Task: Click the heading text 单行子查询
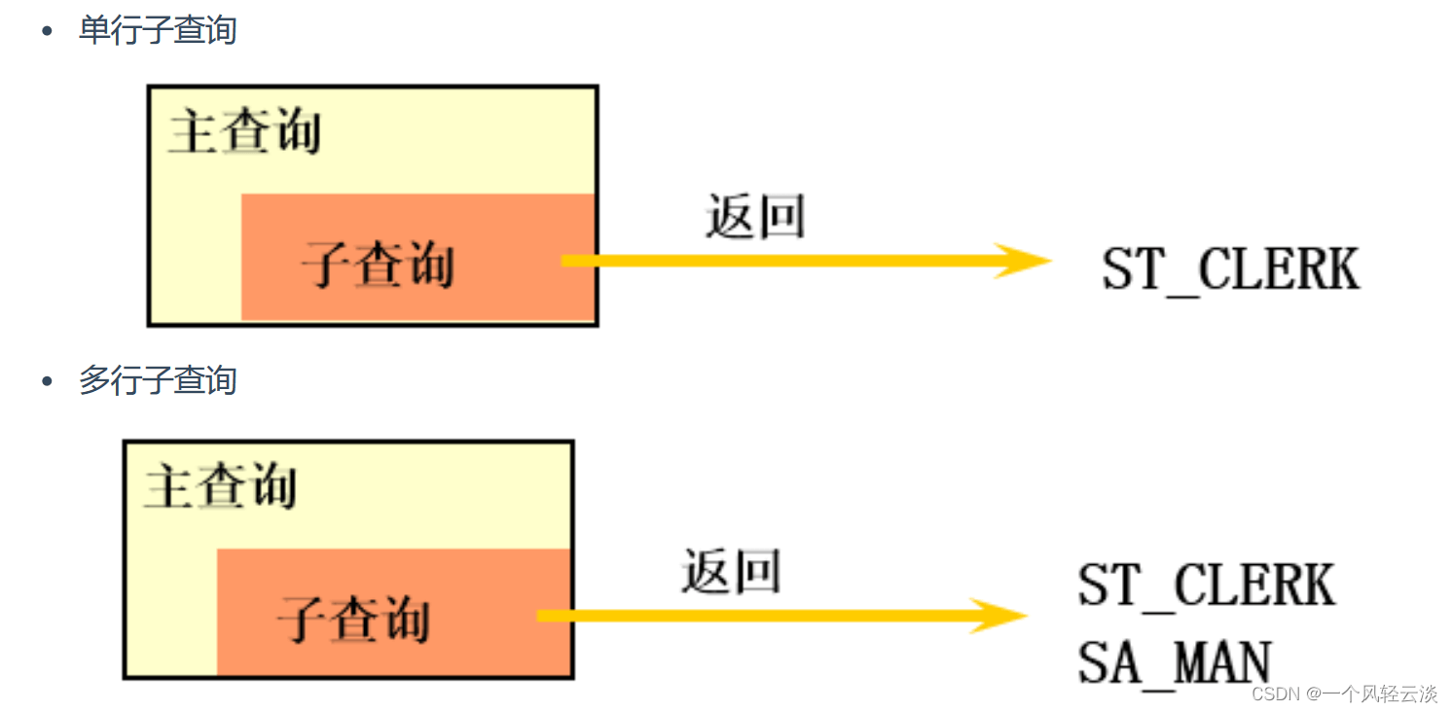158,30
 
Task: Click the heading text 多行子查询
158,380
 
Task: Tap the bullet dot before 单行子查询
47,30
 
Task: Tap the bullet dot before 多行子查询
47,380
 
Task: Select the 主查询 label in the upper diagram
245,131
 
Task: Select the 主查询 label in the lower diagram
221,485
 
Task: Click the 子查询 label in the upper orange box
378,264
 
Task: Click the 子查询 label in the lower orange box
353,620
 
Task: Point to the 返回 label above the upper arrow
755,216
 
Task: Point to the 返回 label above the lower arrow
731,571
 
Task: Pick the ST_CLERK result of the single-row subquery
1230,269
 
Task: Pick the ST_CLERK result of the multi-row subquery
1207,586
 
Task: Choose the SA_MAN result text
1175,662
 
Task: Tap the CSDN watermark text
1344,694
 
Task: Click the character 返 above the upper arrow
730,216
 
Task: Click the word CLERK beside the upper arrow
1279,268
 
